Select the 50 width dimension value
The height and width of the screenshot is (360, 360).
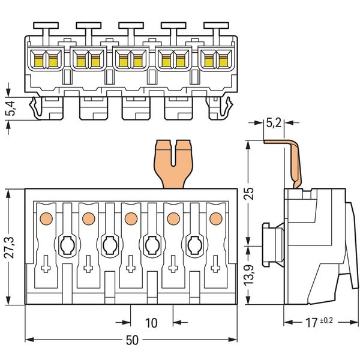(x=132, y=340)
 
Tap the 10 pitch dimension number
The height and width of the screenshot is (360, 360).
(x=151, y=323)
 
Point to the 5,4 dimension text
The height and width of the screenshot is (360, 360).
(x=11, y=108)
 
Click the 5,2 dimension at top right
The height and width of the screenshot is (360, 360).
(x=274, y=123)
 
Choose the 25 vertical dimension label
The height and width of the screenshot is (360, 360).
(x=250, y=194)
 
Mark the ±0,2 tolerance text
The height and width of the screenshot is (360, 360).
(x=326, y=320)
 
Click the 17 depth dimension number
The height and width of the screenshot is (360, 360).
(x=311, y=323)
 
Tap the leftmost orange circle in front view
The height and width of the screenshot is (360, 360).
(x=46, y=218)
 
